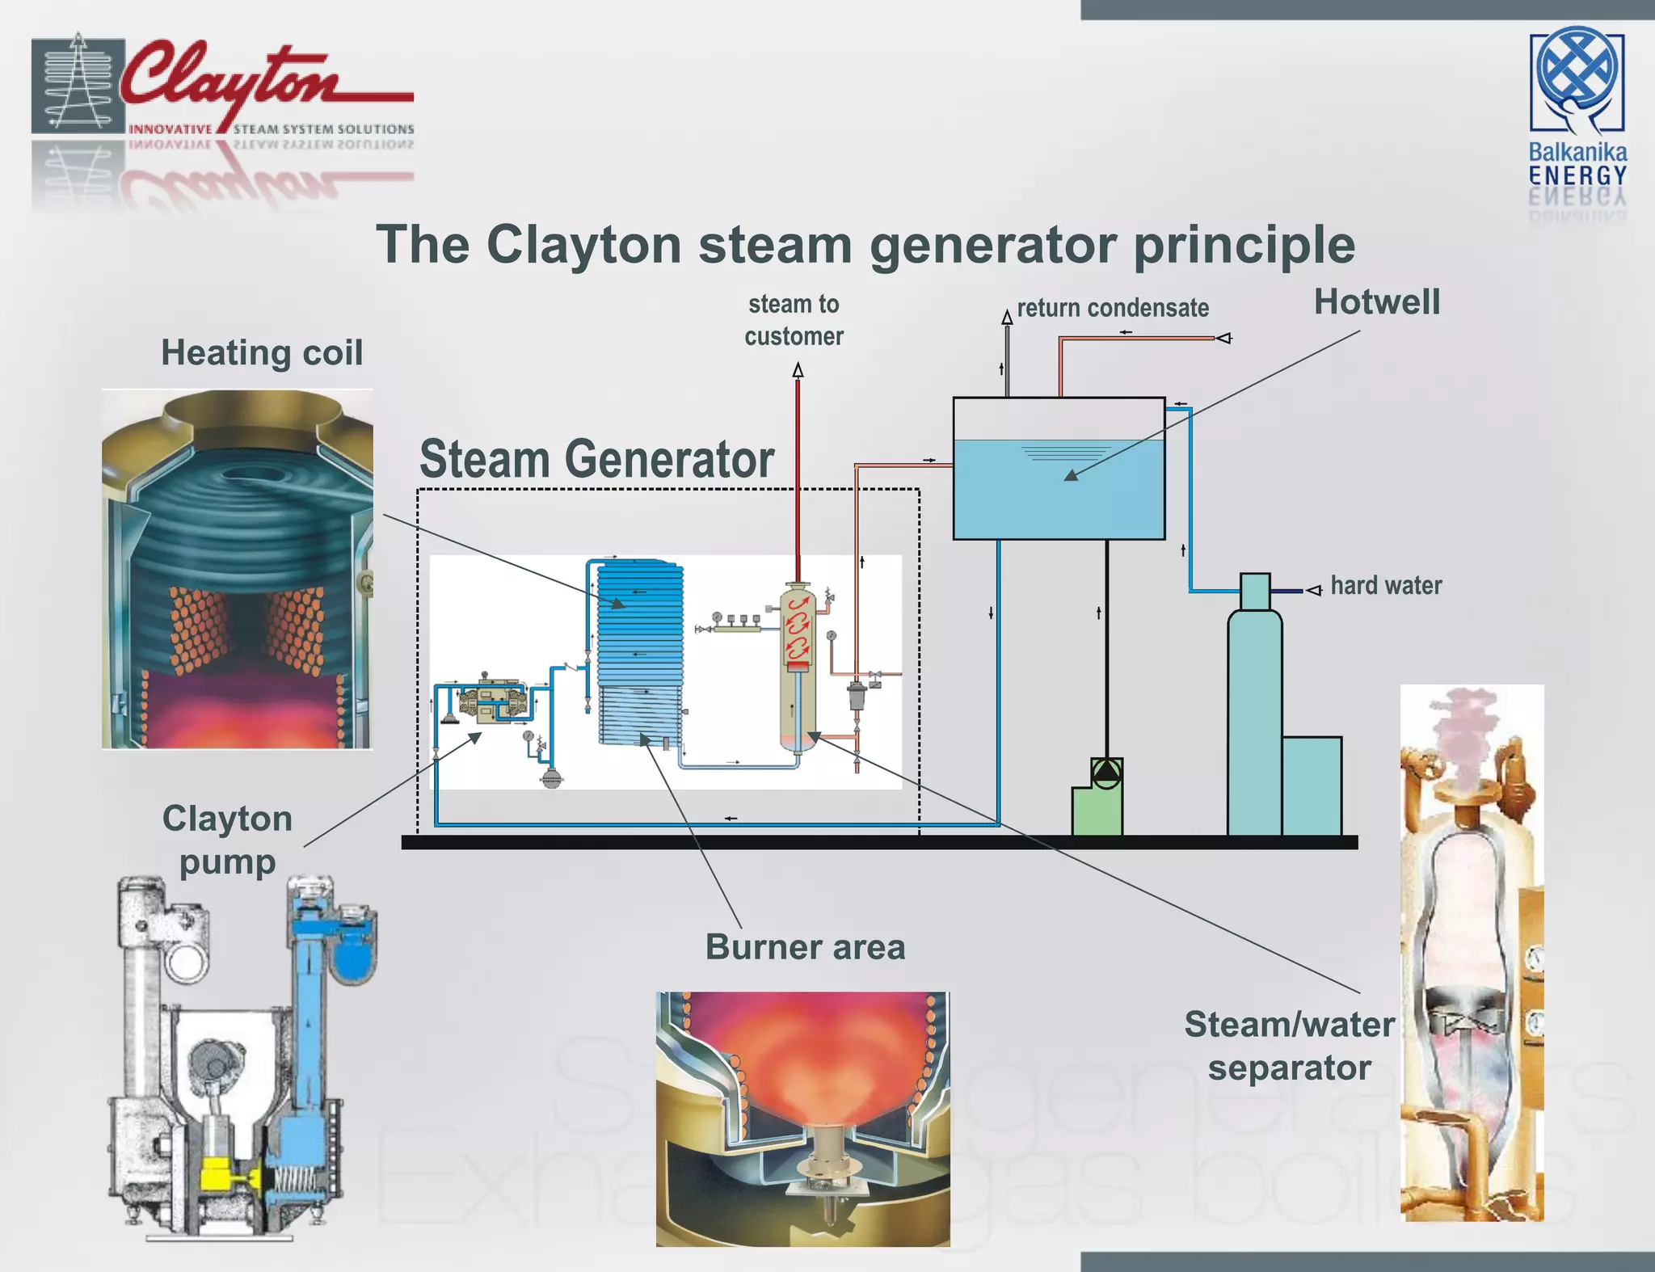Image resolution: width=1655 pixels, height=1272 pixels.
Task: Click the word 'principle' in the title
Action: [1244, 244]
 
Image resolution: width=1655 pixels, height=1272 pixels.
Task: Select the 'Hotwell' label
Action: [1376, 302]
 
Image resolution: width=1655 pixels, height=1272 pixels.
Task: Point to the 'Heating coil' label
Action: [262, 353]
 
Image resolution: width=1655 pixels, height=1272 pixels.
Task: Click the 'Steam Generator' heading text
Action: [596, 459]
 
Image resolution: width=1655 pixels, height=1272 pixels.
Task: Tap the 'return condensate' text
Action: [1113, 308]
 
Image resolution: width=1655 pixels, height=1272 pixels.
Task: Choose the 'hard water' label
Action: [1386, 585]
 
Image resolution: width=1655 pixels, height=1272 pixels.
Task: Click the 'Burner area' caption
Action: [805, 947]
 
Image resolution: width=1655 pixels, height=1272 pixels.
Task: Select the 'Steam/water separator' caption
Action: [1289, 1046]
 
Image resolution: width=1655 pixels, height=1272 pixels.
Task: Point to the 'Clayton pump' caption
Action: [227, 840]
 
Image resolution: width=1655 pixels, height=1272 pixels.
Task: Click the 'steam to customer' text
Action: [794, 320]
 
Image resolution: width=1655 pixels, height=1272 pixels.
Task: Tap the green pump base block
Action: [1096, 811]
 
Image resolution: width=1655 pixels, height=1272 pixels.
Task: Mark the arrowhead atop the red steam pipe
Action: [798, 371]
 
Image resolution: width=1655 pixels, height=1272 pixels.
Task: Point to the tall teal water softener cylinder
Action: [1254, 719]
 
